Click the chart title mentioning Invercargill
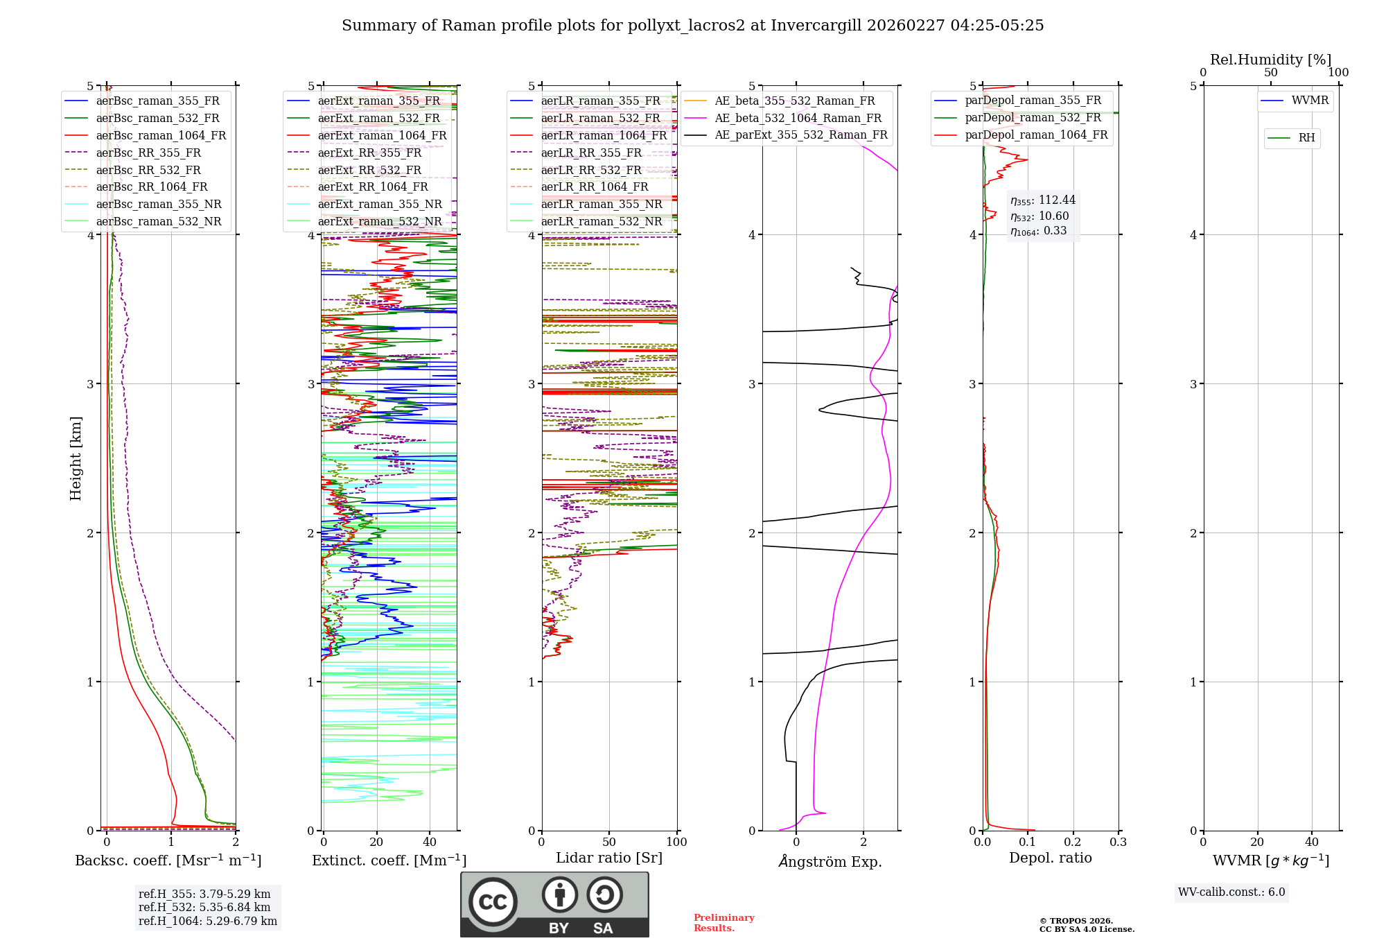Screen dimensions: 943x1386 (x=692, y=26)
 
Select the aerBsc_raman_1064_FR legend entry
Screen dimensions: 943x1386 (x=161, y=135)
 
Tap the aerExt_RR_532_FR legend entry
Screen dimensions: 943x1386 (x=369, y=170)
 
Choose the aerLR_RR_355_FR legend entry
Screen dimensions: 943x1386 (x=591, y=153)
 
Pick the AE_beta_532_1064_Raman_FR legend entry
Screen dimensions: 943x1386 (x=798, y=118)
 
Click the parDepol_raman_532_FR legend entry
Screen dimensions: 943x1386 (x=1033, y=118)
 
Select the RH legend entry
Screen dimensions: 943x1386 (x=1306, y=138)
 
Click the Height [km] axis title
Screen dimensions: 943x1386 (x=76, y=458)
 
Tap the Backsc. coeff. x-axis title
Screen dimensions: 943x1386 (x=168, y=860)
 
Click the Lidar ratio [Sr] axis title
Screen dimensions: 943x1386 (x=608, y=858)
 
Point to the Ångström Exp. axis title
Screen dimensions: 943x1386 (x=830, y=861)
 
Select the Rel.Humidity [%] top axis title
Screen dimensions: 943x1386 (x=1270, y=60)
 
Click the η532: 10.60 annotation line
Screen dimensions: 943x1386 (x=1039, y=216)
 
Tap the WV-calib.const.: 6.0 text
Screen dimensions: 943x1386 (x=1231, y=892)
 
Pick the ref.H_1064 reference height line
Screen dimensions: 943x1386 (x=207, y=921)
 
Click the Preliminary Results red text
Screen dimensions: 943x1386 (x=723, y=922)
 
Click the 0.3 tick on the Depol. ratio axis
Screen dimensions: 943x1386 (x=1118, y=842)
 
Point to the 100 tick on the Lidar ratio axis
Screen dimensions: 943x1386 (x=676, y=842)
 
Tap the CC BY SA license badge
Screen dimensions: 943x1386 (x=554, y=904)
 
